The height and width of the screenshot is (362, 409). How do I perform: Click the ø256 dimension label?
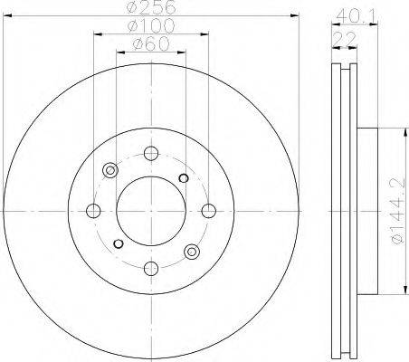pos(151,7)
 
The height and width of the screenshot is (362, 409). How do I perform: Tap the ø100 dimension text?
pos(151,25)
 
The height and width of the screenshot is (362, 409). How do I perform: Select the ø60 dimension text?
pos(151,44)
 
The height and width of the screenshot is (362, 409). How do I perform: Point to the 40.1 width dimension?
pos(357,16)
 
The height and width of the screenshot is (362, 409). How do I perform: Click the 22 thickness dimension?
pos(345,39)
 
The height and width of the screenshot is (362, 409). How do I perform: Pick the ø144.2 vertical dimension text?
pos(398,211)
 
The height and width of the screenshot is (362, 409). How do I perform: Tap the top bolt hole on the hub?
pos(151,154)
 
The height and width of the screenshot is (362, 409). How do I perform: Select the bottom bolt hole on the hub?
pos(151,269)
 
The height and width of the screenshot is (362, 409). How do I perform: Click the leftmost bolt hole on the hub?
pos(93,211)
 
